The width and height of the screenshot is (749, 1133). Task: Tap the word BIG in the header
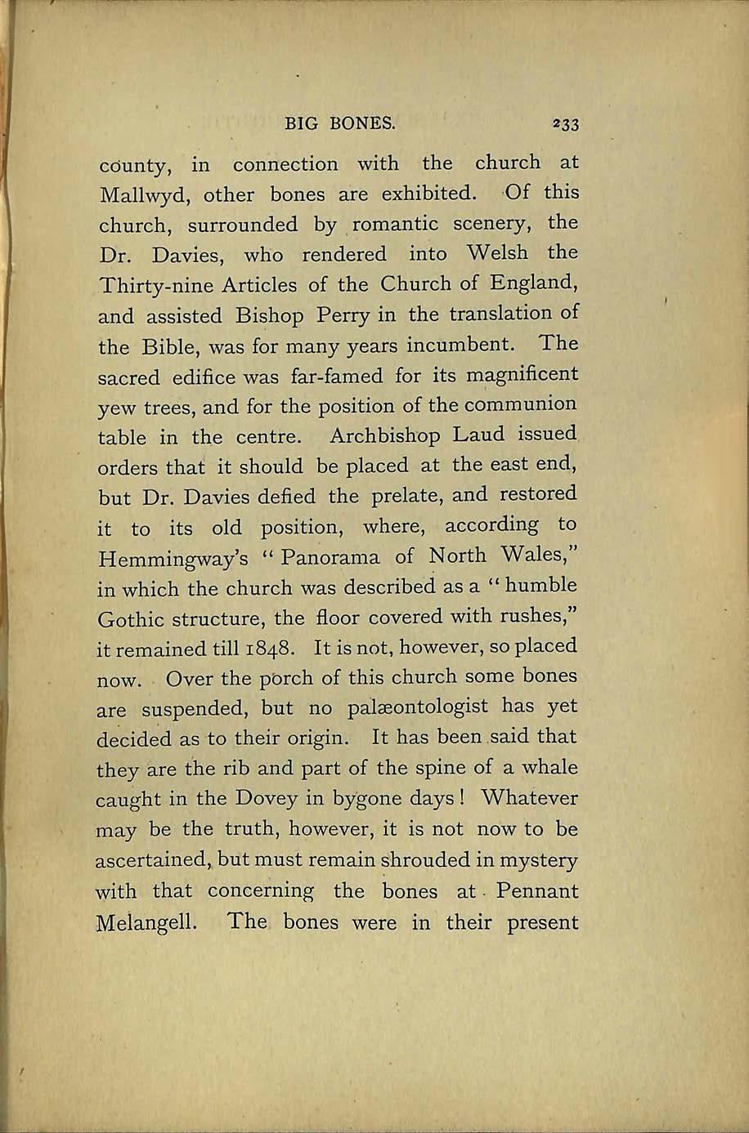300,124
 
